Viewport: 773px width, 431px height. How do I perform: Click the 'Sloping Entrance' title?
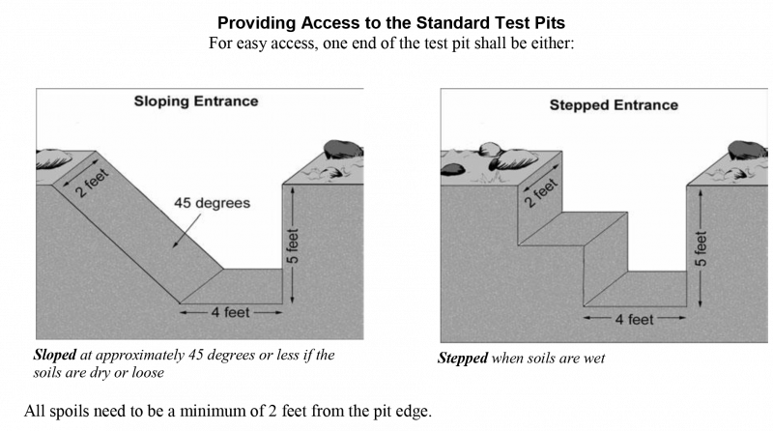pos(199,101)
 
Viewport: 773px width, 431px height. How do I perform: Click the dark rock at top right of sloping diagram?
pos(343,149)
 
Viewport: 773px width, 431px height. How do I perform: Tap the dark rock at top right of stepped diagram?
pos(748,150)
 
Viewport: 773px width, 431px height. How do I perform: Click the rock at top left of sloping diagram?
pos(53,158)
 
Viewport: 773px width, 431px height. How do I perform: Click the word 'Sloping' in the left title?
pos(163,101)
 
